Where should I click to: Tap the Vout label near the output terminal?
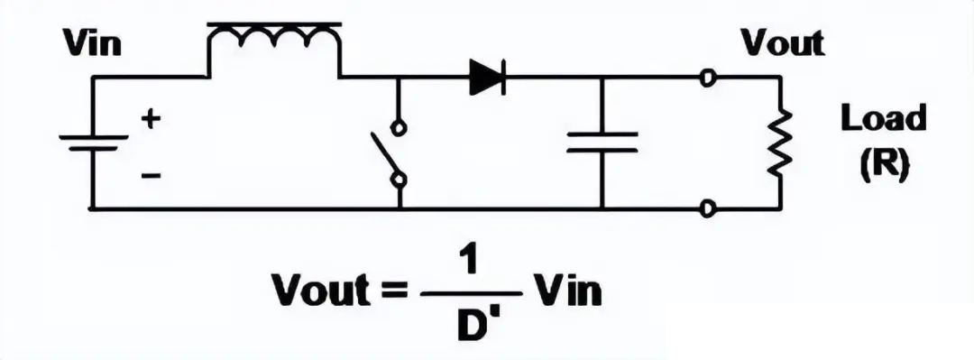(x=783, y=42)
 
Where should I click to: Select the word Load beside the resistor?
(x=883, y=118)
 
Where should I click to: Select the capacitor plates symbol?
(x=602, y=142)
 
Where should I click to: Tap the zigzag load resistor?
(x=780, y=142)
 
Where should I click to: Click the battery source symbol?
(x=93, y=143)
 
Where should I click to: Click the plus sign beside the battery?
(x=151, y=118)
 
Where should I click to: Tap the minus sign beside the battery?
(x=151, y=176)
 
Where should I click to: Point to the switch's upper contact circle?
(x=399, y=128)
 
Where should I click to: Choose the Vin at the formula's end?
(x=569, y=290)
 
